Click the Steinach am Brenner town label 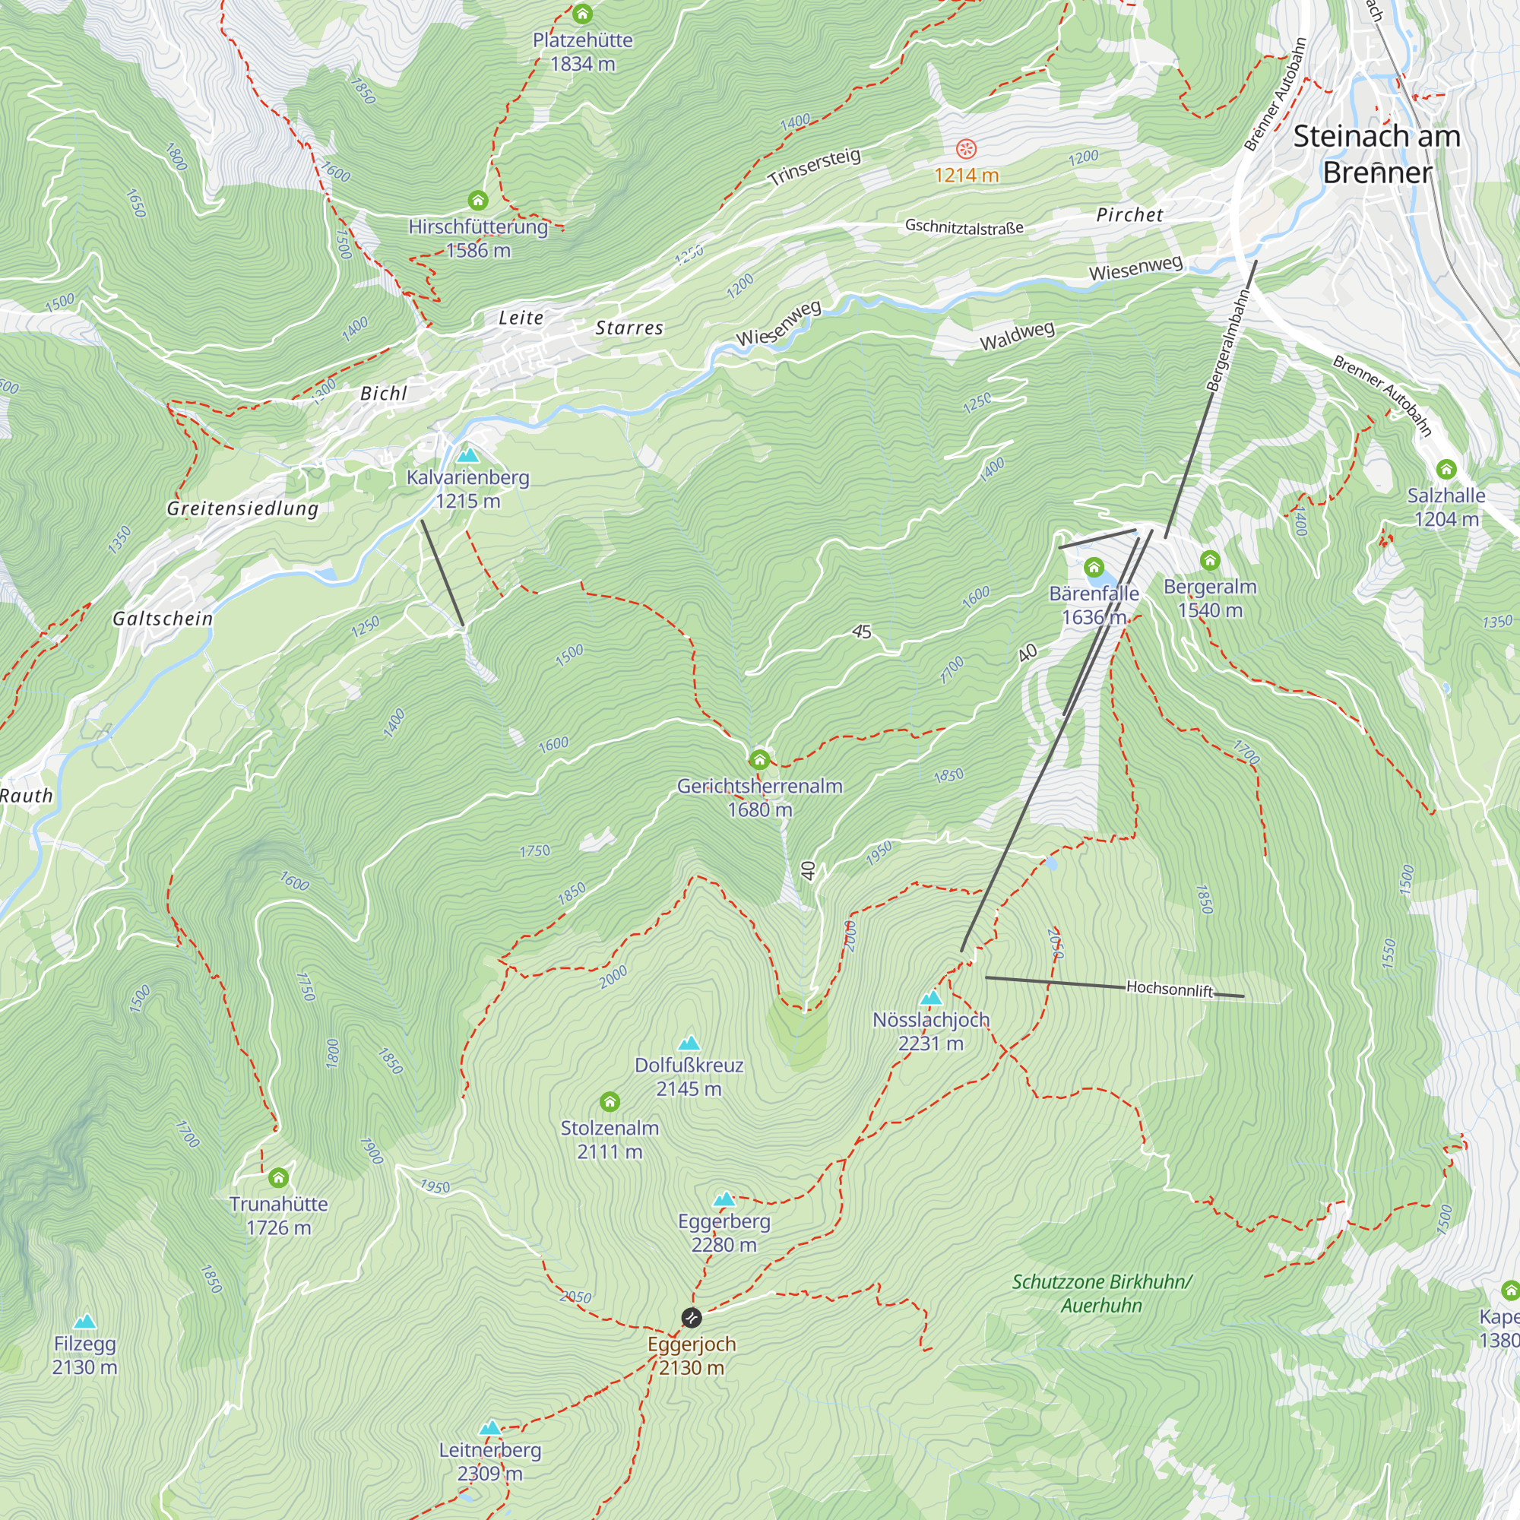coord(1377,154)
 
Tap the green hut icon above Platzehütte coord(582,14)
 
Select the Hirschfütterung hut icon coord(478,200)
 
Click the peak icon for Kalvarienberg coord(468,455)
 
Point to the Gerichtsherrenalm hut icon coord(759,759)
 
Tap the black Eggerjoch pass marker coord(692,1317)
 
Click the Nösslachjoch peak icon coord(931,998)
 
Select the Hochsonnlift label coord(1169,988)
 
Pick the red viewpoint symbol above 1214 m coord(966,149)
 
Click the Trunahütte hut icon coord(278,1178)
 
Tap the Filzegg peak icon coord(85,1321)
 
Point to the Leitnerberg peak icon coord(490,1427)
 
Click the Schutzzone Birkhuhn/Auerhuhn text coord(1101,1294)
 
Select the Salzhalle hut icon coord(1446,470)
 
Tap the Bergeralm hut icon coord(1210,560)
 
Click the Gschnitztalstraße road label coord(964,226)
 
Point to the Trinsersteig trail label coord(814,166)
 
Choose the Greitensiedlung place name coord(242,508)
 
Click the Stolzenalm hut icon coord(610,1101)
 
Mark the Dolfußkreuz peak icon coord(689,1043)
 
